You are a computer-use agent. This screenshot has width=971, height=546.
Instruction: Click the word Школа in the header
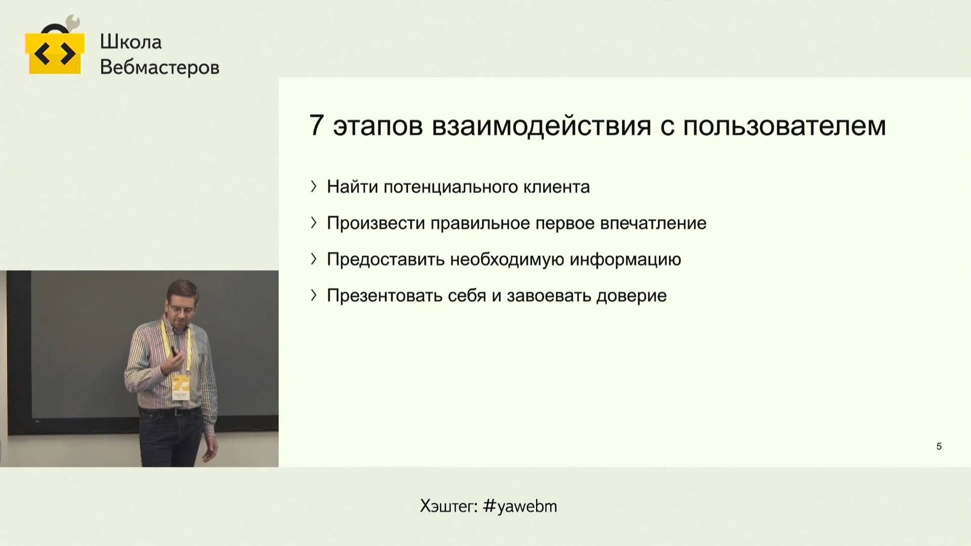(130, 42)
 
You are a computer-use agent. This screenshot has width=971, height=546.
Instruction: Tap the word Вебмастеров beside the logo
(160, 67)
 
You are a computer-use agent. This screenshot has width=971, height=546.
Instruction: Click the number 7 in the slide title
(316, 125)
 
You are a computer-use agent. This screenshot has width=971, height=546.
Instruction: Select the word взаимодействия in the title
(542, 126)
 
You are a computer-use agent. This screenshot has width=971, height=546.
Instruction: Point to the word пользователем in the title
(784, 126)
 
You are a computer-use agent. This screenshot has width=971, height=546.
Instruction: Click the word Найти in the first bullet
(352, 187)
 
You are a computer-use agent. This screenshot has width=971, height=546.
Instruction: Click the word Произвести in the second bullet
(376, 223)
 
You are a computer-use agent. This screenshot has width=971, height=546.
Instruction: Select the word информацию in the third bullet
(625, 260)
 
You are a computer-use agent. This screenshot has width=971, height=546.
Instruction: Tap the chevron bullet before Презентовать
(314, 295)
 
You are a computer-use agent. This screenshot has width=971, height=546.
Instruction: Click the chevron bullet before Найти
(314, 187)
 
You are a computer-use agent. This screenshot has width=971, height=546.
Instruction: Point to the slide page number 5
(939, 446)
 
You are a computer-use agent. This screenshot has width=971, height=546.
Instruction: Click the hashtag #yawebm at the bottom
(520, 506)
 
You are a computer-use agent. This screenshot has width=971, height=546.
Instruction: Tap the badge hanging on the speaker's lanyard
(181, 388)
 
